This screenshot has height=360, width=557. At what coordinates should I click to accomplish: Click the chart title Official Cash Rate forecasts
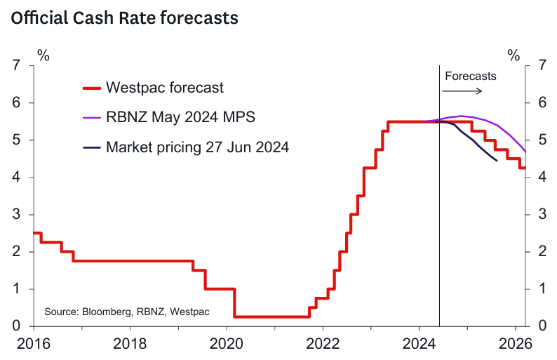pyautogui.click(x=124, y=19)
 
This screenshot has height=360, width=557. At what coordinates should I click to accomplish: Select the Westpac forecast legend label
pyautogui.click(x=165, y=88)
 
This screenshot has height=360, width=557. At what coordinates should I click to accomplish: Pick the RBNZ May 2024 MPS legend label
pyautogui.click(x=180, y=117)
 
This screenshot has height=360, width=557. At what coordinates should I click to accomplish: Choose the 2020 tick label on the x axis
pyautogui.click(x=226, y=344)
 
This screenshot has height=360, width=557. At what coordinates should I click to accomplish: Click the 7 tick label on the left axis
pyautogui.click(x=16, y=66)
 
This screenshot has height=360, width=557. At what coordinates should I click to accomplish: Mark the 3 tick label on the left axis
pyautogui.click(x=16, y=215)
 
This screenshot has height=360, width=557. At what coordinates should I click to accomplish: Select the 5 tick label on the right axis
pyautogui.click(x=542, y=140)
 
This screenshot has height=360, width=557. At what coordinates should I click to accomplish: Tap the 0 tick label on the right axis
pyautogui.click(x=542, y=326)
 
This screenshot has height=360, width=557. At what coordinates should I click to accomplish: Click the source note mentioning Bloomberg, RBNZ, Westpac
pyautogui.click(x=127, y=311)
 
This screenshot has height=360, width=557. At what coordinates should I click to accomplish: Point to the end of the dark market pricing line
pyautogui.click(x=497, y=161)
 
